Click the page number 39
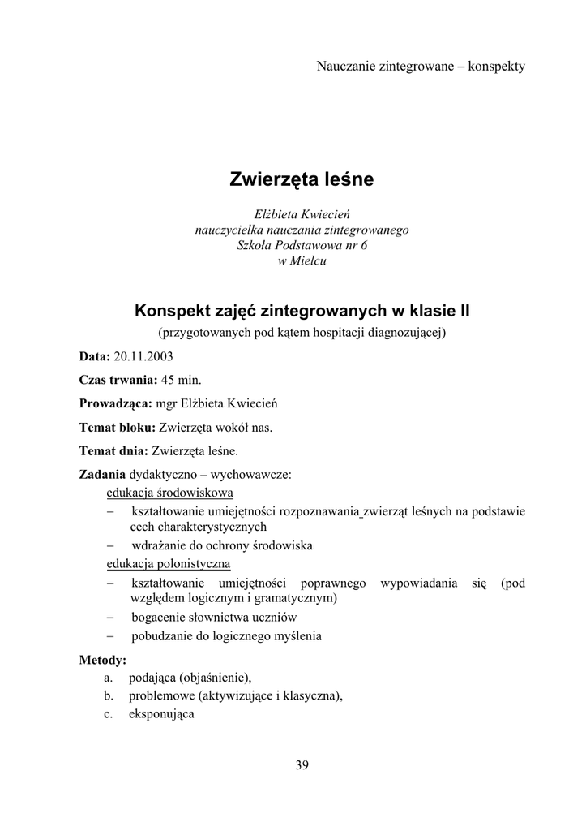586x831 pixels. [x=302, y=764]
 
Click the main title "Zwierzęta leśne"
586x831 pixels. [x=302, y=179]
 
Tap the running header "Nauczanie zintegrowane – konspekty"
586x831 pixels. [x=421, y=66]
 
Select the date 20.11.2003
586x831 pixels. [x=143, y=355]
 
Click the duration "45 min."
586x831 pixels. [x=182, y=379]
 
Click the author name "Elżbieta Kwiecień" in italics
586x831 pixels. [x=302, y=214]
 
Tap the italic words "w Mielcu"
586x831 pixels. [x=302, y=260]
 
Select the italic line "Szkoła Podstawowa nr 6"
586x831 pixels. [x=302, y=245]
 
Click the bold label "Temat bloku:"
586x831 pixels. [x=117, y=426]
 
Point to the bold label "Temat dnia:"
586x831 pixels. [x=113, y=450]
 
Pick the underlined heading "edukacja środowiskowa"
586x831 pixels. [x=170, y=493]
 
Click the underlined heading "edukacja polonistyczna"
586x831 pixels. [x=169, y=563]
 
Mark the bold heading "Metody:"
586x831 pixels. [x=102, y=660]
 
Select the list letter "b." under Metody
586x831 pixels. [x=108, y=695]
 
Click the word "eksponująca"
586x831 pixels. [x=161, y=715]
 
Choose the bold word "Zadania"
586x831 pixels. [x=102, y=473]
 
